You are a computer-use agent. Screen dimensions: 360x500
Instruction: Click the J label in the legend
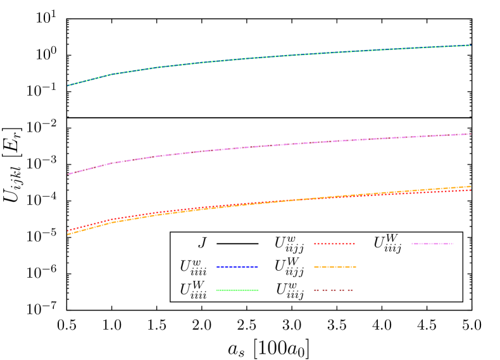pyautogui.click(x=202, y=243)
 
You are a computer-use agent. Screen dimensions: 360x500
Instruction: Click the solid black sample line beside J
pyautogui.click(x=237, y=244)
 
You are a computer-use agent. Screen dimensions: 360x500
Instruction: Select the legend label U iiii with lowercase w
pyautogui.click(x=192, y=266)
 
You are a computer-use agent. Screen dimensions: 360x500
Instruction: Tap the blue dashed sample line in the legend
pyautogui.click(x=237, y=267)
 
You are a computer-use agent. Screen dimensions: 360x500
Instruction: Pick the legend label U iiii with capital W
pyautogui.click(x=192, y=290)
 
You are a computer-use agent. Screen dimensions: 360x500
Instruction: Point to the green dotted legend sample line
pyautogui.click(x=237, y=290)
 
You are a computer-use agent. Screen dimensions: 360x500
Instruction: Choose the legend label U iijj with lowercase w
pyautogui.click(x=289, y=244)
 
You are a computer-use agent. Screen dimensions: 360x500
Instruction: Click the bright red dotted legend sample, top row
pyautogui.click(x=335, y=244)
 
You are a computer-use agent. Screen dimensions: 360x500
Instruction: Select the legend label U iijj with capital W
pyautogui.click(x=289, y=266)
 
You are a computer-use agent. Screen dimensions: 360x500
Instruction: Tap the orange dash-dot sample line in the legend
pyautogui.click(x=335, y=267)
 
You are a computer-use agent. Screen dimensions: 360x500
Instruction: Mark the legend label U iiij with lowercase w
pyautogui.click(x=289, y=290)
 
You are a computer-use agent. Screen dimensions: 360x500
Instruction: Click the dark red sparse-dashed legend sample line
pyautogui.click(x=334, y=290)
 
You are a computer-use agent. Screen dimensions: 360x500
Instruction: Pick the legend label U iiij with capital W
pyautogui.click(x=387, y=243)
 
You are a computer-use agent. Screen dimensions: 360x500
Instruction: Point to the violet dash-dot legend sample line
pyautogui.click(x=432, y=244)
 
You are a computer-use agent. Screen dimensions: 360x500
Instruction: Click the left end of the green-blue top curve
pyautogui.click(x=68, y=85)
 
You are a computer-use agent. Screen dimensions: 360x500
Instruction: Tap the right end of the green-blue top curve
pyautogui.click(x=471, y=46)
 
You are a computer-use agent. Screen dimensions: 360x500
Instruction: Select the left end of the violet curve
pyautogui.click(x=68, y=174)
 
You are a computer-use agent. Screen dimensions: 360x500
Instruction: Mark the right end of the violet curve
pyautogui.click(x=471, y=134)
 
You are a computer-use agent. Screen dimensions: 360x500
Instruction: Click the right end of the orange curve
pyautogui.click(x=471, y=187)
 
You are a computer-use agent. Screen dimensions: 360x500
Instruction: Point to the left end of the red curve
pyautogui.click(x=68, y=230)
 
